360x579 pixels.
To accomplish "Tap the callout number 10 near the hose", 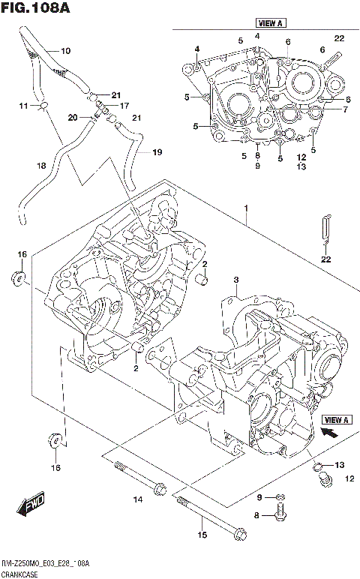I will click(x=65, y=51).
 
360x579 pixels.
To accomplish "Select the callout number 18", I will click(x=41, y=165).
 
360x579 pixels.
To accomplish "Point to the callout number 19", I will click(x=157, y=152).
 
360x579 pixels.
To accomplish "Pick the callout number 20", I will click(x=73, y=117).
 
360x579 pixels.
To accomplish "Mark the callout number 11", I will click(x=23, y=107).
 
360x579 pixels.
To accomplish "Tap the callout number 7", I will click(x=345, y=109).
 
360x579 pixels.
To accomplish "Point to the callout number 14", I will click(x=137, y=499).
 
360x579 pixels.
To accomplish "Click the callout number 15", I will click(x=201, y=535).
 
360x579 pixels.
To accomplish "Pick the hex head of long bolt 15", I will click(x=239, y=534).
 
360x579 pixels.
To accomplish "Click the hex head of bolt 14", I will click(x=158, y=490).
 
